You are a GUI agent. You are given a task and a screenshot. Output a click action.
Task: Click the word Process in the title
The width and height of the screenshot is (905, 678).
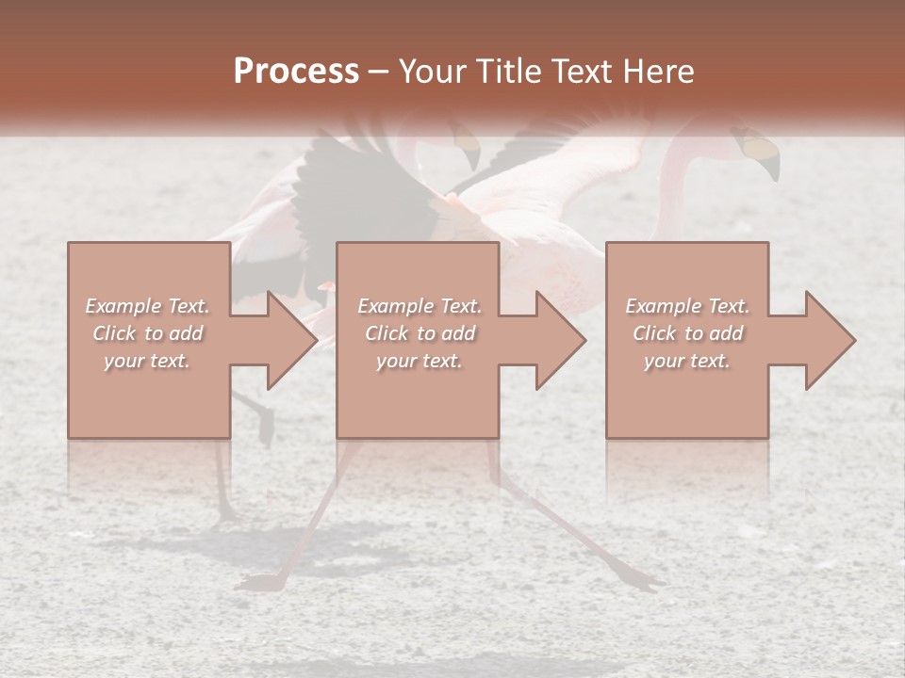[x=296, y=72]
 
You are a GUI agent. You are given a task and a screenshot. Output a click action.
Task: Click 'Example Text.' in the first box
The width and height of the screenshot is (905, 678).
[x=147, y=306]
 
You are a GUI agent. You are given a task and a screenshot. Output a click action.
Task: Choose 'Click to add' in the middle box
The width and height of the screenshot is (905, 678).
[x=420, y=333]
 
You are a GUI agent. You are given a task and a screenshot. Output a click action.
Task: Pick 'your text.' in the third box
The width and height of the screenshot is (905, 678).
[x=686, y=361]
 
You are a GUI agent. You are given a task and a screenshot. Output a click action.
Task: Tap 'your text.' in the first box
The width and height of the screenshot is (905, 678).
[x=147, y=361]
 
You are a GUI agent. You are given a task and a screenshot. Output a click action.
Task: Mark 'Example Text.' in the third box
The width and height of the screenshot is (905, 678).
[x=687, y=306]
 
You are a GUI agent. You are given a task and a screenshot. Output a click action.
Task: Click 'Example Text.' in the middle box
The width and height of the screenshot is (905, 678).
[x=420, y=306]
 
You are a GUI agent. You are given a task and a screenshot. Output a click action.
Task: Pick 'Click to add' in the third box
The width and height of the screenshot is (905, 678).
[x=687, y=333]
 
